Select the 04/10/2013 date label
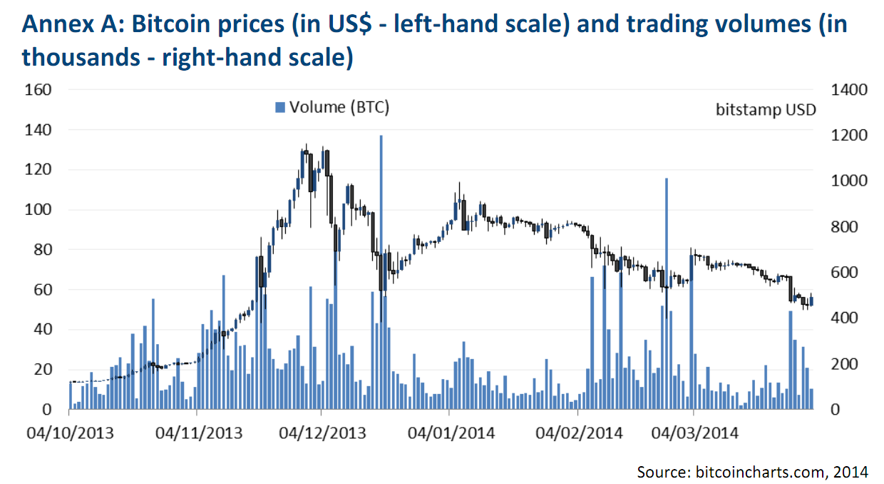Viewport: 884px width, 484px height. [70, 433]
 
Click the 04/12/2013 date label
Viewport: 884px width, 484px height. [322, 433]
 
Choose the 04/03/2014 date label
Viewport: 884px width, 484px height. [694, 433]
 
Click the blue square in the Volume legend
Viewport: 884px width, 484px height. [279, 107]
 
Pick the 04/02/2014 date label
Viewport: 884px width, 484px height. [578, 433]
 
